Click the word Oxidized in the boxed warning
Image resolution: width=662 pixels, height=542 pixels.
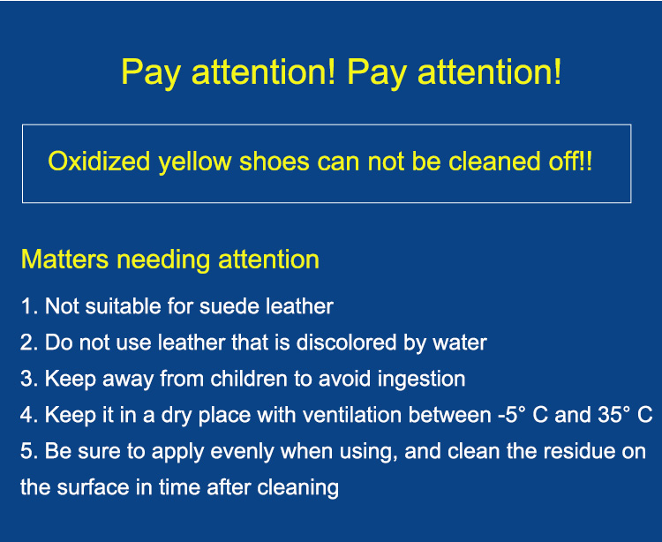(x=99, y=162)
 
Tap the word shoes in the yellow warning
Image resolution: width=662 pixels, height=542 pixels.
(x=275, y=162)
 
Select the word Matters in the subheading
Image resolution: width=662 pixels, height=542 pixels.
(x=64, y=260)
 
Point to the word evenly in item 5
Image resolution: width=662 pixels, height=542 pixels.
(x=242, y=452)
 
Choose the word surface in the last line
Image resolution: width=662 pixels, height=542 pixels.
(x=93, y=487)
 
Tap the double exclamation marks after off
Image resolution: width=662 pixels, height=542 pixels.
(x=587, y=161)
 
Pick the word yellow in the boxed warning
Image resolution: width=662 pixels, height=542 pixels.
(x=195, y=162)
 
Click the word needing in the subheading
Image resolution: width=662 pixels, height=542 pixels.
(x=163, y=260)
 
